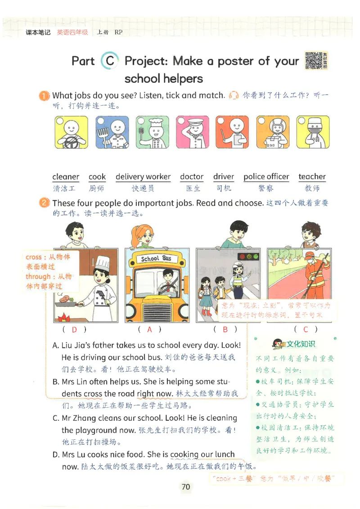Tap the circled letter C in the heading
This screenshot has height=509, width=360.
click(x=110, y=61)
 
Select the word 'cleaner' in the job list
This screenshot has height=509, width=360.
click(x=66, y=177)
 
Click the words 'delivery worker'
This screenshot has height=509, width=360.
click(x=143, y=177)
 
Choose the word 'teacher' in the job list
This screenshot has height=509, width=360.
click(x=312, y=177)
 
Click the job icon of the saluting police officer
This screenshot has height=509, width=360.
click(x=192, y=133)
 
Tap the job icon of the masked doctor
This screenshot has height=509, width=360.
click(x=313, y=133)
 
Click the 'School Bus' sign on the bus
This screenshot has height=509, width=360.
click(x=156, y=259)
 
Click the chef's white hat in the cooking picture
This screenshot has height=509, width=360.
click(x=103, y=262)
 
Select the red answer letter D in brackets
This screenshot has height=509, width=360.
click(x=74, y=329)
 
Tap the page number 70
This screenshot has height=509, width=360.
click(x=186, y=486)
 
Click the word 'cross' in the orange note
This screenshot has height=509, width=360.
click(x=33, y=257)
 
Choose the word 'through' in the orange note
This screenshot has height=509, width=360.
click(x=38, y=277)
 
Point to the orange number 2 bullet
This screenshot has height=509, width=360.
click(x=44, y=203)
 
